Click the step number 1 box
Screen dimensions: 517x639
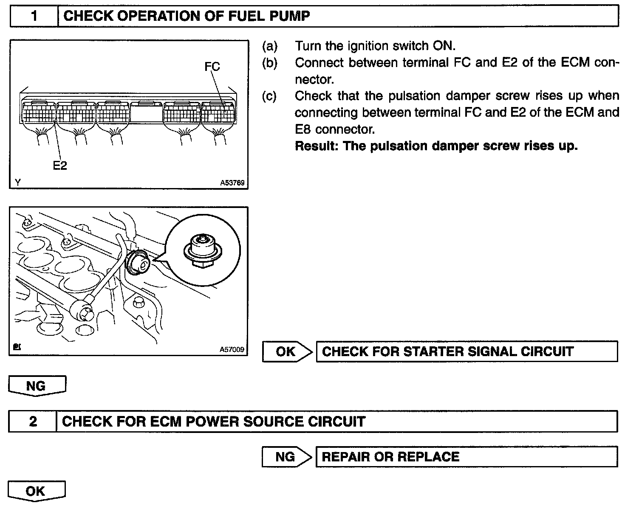pyautogui.click(x=34, y=16)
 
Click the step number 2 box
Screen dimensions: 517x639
pyautogui.click(x=33, y=421)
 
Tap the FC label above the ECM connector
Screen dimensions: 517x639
pyautogui.click(x=212, y=67)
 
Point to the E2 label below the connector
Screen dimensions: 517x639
pyautogui.click(x=60, y=166)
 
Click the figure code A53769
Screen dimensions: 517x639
pyautogui.click(x=232, y=183)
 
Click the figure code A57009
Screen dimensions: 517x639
pyautogui.click(x=232, y=349)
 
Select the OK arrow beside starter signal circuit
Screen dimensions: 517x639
pyautogui.click(x=286, y=351)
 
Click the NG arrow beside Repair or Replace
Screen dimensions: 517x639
pyautogui.click(x=286, y=457)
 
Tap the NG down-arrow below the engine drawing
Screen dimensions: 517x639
pyautogui.click(x=37, y=386)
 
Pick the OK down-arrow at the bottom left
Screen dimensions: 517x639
pyautogui.click(x=36, y=491)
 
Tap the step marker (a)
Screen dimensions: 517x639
pyautogui.click(x=270, y=46)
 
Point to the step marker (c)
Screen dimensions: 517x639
pyautogui.click(x=270, y=96)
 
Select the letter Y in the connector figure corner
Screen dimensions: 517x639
pyautogui.click(x=17, y=183)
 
